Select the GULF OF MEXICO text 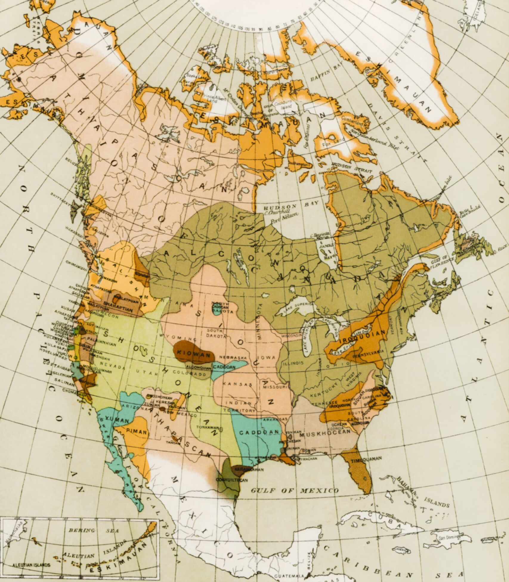(294, 491)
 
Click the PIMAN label (137, 431)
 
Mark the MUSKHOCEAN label (325, 434)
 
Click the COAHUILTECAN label (232, 479)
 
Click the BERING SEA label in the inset (93, 531)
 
